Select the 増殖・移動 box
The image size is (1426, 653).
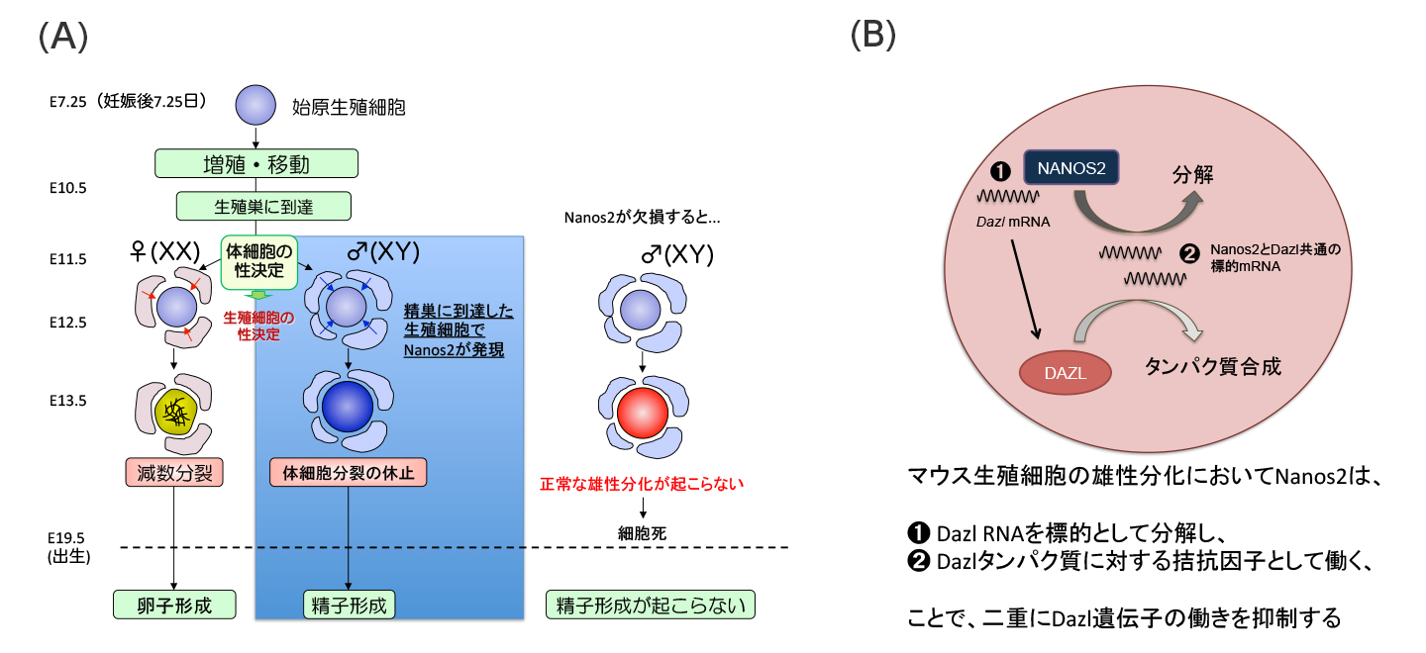255,162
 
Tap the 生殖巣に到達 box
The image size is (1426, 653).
264,206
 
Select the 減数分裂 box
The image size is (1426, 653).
174,472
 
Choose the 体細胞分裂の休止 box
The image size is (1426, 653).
348,472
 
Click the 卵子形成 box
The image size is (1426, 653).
175,604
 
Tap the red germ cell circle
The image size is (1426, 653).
644,408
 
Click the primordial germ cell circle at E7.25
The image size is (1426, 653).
255,105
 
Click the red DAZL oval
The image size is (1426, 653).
1064,373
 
